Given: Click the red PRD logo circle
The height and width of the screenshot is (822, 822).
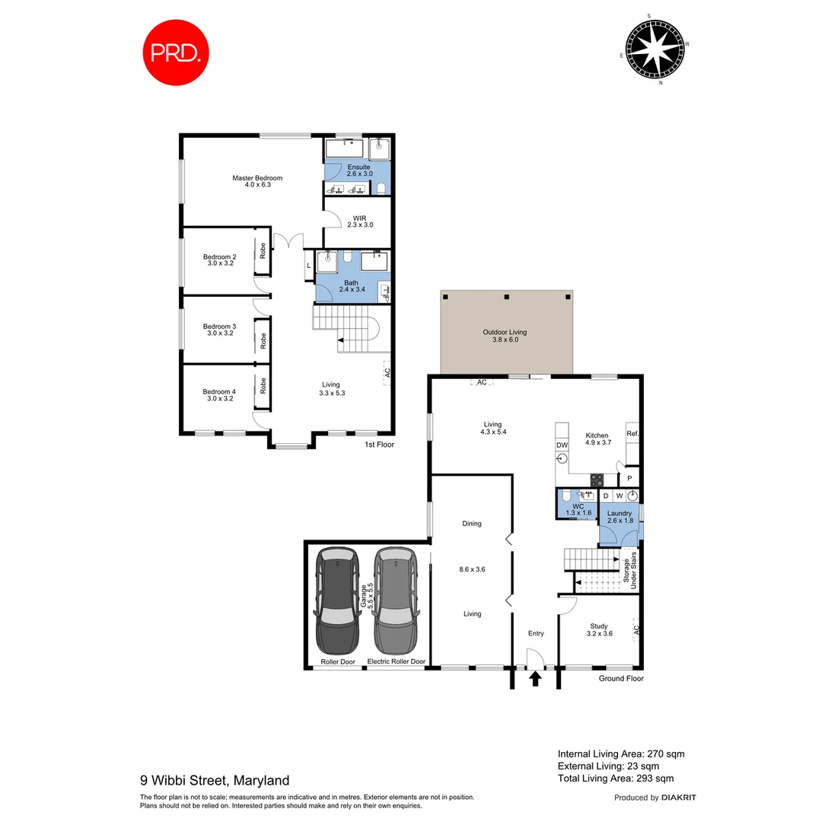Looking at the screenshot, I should point(177,52).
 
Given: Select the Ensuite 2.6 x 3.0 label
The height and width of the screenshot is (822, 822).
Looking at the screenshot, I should point(358,170).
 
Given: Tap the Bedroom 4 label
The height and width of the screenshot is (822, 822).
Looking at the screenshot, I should point(219,395).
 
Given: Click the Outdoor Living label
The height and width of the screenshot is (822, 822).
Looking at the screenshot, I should point(505,336).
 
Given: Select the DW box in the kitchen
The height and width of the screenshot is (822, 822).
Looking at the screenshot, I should point(562,445).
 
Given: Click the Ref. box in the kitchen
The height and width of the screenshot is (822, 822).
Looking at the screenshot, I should point(632,434).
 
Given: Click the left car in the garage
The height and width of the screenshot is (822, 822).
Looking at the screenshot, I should point(337,601).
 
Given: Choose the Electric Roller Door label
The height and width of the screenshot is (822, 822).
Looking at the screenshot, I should point(396,661).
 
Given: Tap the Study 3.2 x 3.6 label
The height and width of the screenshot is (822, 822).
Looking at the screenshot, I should point(599,629).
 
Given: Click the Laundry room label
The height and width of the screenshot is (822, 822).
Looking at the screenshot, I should point(619,517).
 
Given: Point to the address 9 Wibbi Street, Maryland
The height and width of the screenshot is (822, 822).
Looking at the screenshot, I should point(215,780).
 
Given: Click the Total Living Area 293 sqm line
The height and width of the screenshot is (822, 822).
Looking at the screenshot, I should point(615,778).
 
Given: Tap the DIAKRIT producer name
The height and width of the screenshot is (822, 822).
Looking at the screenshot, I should point(679,798).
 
